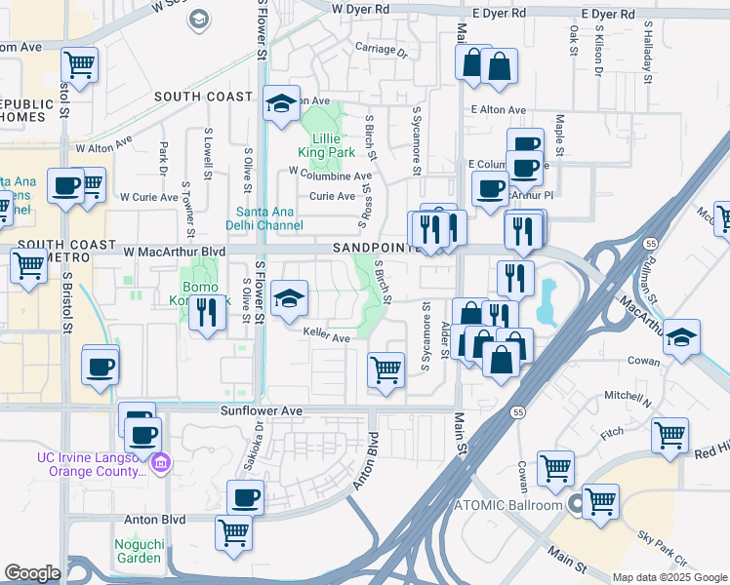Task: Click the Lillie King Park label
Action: pyautogui.click(x=325, y=144)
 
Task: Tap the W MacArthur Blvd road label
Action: pyautogui.click(x=173, y=252)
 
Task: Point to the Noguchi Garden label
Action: pyautogui.click(x=138, y=550)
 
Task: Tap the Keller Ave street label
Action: pyautogui.click(x=326, y=338)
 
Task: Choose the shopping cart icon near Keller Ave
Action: pyautogui.click(x=385, y=370)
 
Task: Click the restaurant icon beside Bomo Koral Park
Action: pyautogui.click(x=205, y=313)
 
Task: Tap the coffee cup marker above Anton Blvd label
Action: pyautogui.click(x=245, y=497)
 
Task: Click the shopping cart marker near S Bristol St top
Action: pyautogui.click(x=79, y=65)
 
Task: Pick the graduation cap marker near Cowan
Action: pyautogui.click(x=681, y=335)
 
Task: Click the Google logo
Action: pyautogui.click(x=32, y=573)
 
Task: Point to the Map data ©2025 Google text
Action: pyautogui.click(x=669, y=577)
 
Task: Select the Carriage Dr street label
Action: pyautogui.click(x=381, y=49)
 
